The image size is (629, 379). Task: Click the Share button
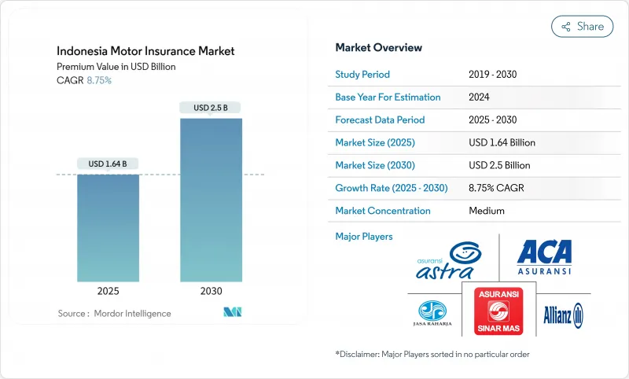click(x=582, y=26)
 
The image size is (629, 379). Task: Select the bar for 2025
click(x=108, y=228)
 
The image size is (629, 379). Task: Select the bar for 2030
click(x=211, y=201)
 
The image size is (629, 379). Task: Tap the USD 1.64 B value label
click(x=108, y=164)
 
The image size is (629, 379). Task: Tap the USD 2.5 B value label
click(x=211, y=107)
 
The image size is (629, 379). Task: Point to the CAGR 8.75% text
click(x=85, y=80)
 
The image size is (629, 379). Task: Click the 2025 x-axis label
click(x=108, y=291)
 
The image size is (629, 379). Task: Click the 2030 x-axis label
click(x=211, y=291)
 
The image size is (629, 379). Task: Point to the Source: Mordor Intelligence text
click(x=114, y=314)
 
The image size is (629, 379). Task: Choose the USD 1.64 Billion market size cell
click(x=502, y=142)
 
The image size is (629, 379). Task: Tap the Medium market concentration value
click(x=486, y=211)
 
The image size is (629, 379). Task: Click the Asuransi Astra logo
click(x=448, y=259)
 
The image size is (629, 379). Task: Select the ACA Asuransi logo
click(x=543, y=256)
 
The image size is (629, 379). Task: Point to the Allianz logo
click(x=563, y=314)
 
